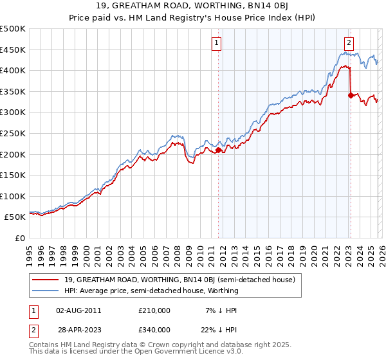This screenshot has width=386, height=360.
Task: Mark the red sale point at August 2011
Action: pos(218,150)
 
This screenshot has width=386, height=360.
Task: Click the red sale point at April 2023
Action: pos(351,95)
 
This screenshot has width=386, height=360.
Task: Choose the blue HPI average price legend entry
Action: pos(151,291)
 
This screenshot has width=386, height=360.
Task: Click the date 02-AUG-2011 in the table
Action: pos(78,310)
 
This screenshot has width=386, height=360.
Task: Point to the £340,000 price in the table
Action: pos(154,329)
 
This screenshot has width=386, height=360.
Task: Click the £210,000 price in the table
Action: pos(154,310)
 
